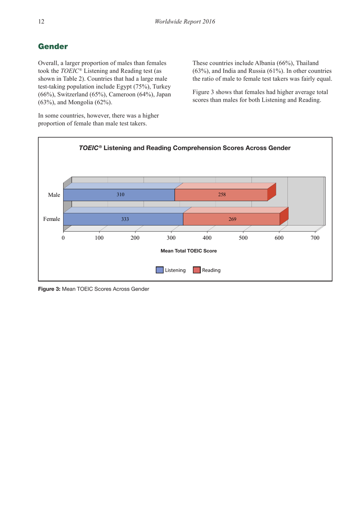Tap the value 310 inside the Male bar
[120, 195]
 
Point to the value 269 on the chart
[232, 219]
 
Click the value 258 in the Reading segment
[222, 195]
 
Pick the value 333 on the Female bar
[125, 219]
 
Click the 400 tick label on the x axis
[207, 238]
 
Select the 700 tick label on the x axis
[315, 238]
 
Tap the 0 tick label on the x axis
[63, 238]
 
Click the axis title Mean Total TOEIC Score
[188, 251]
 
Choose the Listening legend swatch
[160, 270]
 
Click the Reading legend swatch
[197, 270]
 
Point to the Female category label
[52, 219]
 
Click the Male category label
[54, 195]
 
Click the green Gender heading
[53, 47]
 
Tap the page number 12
[41, 22]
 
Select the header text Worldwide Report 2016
[185, 22]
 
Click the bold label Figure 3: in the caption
[49, 289]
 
